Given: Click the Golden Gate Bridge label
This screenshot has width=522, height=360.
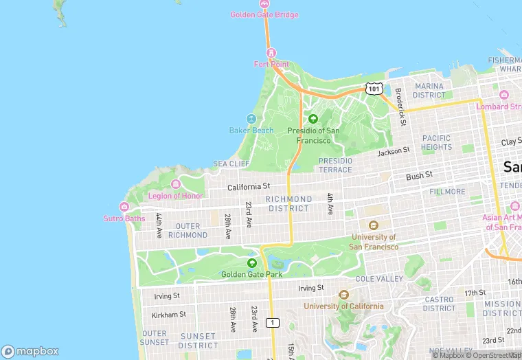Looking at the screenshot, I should (264, 14).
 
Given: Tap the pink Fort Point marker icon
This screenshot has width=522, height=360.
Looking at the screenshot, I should (271, 53).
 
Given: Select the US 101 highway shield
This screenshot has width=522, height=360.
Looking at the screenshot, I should (374, 89).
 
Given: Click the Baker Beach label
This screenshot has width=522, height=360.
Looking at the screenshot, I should (251, 131).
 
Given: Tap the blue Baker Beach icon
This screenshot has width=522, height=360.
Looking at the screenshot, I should (251, 120).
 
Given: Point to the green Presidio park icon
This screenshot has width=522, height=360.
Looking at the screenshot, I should (313, 119).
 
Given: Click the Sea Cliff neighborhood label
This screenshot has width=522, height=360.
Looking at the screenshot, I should (231, 164).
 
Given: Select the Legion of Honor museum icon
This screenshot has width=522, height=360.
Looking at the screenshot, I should (176, 184).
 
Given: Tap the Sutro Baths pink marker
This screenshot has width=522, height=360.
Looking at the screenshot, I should (124, 207).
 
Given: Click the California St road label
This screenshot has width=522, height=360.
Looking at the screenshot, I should (249, 186).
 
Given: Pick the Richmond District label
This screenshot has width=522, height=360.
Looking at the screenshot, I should (290, 203).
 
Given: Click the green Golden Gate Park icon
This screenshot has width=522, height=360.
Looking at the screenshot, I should (251, 263).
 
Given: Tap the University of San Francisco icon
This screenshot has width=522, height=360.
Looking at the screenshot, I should (374, 225).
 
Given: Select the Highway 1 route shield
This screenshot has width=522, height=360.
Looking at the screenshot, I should (273, 322).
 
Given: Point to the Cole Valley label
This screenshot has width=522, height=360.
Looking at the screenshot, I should (379, 279).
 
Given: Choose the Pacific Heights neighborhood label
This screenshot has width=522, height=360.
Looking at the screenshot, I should (437, 142).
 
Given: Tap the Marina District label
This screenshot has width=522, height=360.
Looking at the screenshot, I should (429, 91).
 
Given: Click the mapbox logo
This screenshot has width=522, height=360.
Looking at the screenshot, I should (31, 351).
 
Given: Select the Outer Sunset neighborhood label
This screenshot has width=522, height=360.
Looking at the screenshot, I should (155, 337).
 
